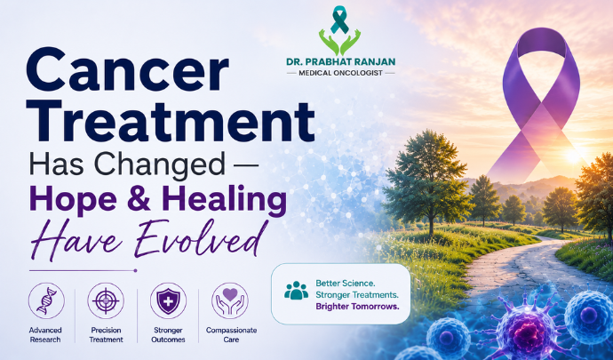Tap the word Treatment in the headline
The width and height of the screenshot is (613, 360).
coord(170,121)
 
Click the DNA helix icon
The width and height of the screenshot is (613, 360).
coord(46,300)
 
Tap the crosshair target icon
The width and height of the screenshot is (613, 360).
coord(106,300)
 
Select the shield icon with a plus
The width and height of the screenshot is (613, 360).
coord(168,300)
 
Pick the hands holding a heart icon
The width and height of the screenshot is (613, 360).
coord(230,300)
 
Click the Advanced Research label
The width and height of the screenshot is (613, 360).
coord(45,335)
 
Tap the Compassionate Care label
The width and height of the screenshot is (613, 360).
coord(232,335)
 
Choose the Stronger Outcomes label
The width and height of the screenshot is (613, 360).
coord(168,335)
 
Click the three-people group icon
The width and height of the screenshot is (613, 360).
coord(297,290)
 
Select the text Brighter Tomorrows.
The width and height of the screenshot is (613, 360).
coord(357,307)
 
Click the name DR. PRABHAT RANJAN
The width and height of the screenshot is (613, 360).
coord(340,61)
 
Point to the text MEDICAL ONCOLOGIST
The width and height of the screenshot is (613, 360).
coord(340,73)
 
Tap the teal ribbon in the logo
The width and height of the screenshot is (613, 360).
coord(339,20)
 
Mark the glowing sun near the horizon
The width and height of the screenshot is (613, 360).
coord(573,156)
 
